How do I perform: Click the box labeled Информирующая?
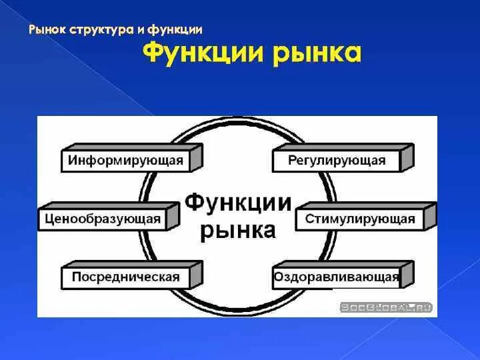point(126,161)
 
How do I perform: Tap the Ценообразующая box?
point(103,219)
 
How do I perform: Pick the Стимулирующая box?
point(360,219)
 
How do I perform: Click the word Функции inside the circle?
point(238,202)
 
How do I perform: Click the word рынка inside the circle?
point(238,230)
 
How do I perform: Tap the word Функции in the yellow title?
point(203,53)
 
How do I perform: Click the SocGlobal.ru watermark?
point(386,307)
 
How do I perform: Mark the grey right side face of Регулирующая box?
point(407,157)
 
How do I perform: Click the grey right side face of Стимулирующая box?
point(431,215)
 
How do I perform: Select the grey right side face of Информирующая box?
point(196,157)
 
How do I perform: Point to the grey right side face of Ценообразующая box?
point(173,215)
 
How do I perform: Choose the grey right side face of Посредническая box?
point(196,273)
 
